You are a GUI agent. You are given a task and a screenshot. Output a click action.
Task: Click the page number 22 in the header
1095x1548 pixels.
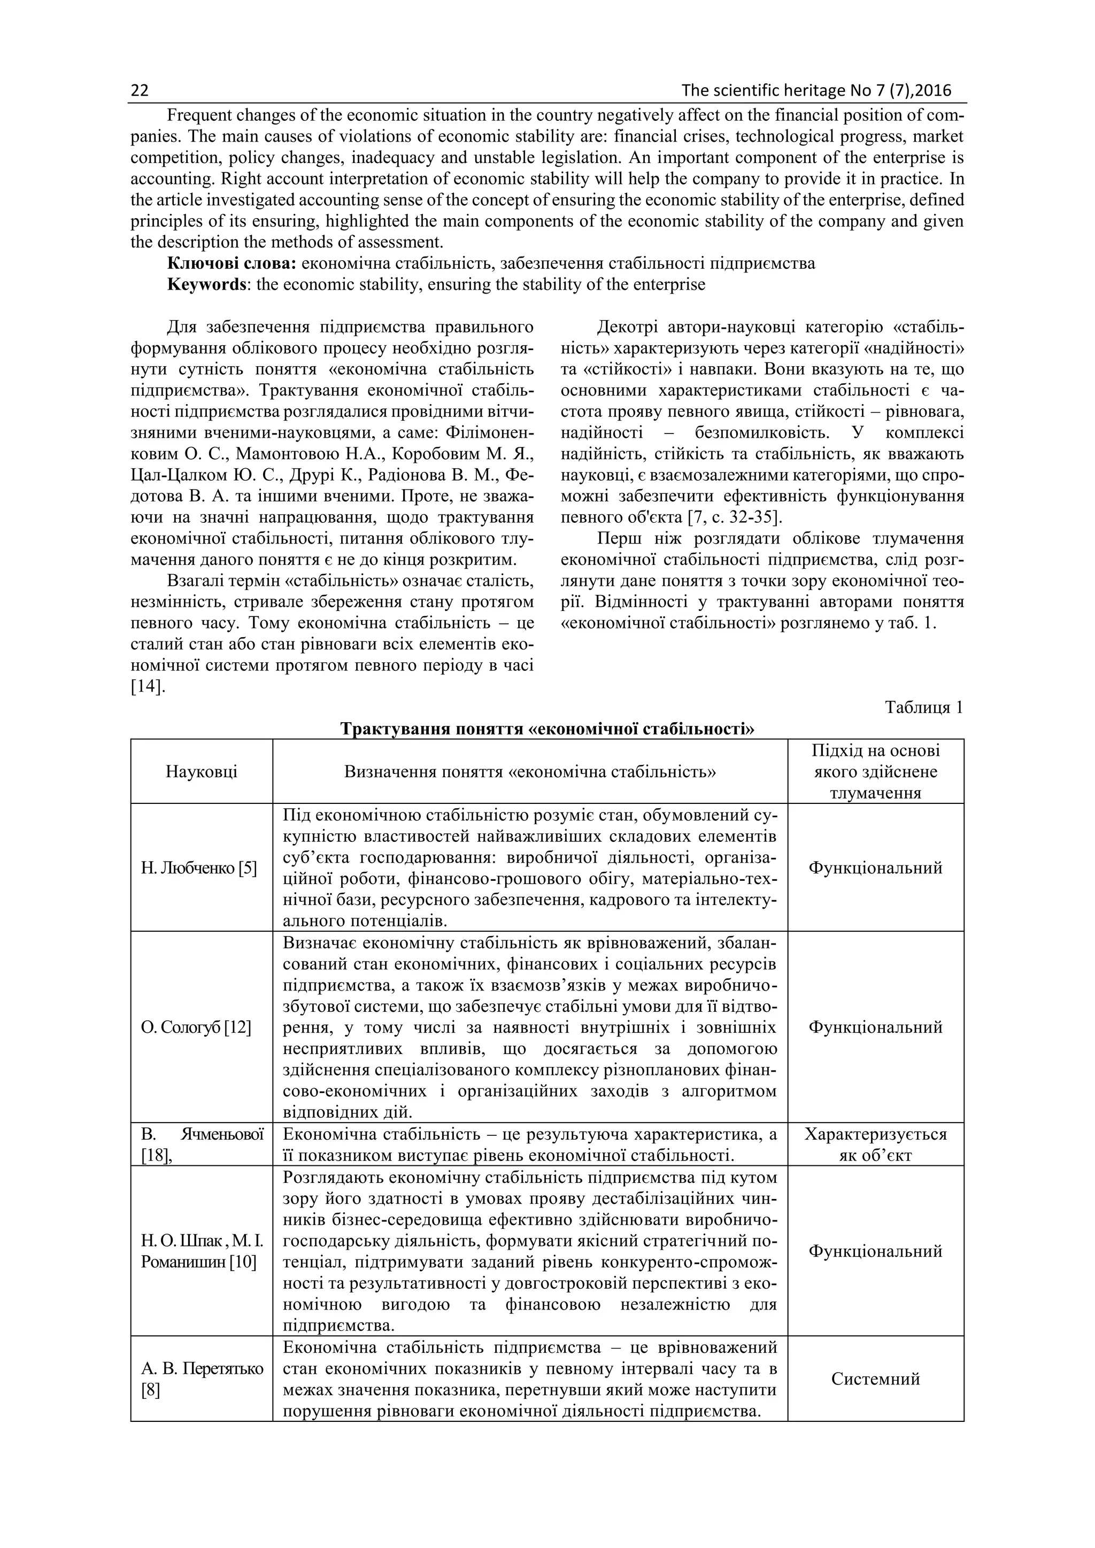pyautogui.click(x=140, y=91)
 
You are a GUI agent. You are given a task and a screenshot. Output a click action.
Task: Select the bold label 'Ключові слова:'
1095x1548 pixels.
pyautogui.click(x=232, y=264)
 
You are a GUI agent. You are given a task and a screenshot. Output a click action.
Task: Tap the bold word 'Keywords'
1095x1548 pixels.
pyautogui.click(x=206, y=284)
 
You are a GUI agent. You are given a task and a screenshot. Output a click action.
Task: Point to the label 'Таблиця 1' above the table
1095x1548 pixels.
pyautogui.click(x=924, y=707)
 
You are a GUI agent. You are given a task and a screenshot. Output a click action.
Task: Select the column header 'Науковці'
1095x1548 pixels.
pyautogui.click(x=202, y=771)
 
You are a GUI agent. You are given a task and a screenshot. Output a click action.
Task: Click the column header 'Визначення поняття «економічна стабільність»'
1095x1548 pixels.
pyautogui.click(x=530, y=771)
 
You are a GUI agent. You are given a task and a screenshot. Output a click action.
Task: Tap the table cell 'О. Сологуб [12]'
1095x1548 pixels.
pyautogui.click(x=196, y=1027)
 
